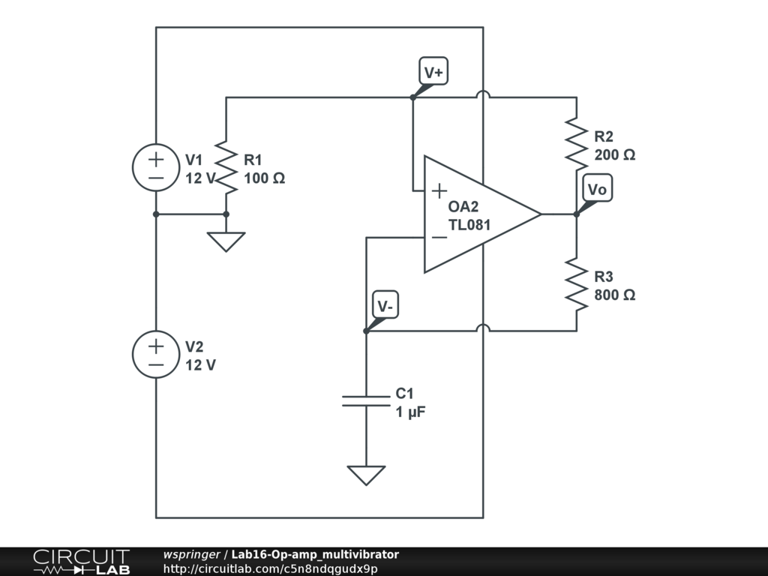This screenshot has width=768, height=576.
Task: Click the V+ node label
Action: pyautogui.click(x=433, y=73)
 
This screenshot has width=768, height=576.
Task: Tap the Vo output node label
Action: pyautogui.click(x=597, y=190)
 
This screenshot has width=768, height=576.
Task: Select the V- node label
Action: pyautogui.click(x=386, y=306)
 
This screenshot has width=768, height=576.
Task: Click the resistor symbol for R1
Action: pyautogui.click(x=226, y=166)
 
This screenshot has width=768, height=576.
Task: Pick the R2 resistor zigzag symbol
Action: pyautogui.click(x=577, y=143)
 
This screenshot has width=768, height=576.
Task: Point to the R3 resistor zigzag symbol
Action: pyautogui.click(x=577, y=283)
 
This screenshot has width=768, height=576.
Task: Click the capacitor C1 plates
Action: pyautogui.click(x=366, y=400)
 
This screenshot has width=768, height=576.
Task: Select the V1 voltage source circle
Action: pyautogui.click(x=156, y=167)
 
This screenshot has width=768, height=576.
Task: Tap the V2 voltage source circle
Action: pyautogui.click(x=156, y=354)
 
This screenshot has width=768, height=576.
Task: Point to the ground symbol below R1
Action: pyautogui.click(x=226, y=241)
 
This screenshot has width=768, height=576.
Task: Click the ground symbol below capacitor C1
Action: pyautogui.click(x=366, y=475)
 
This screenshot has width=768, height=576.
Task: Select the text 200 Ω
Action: pyautogui.click(x=615, y=155)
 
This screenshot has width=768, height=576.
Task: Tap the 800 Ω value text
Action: pyautogui.click(x=615, y=295)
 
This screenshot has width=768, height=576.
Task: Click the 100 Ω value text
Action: pyautogui.click(x=264, y=178)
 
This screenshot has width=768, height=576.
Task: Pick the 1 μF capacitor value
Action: pyautogui.click(x=412, y=412)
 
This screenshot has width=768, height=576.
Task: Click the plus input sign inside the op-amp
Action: pyautogui.click(x=439, y=190)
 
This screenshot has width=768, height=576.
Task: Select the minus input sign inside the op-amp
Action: pyautogui.click(x=439, y=238)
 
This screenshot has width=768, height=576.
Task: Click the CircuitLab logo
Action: pyautogui.click(x=81, y=562)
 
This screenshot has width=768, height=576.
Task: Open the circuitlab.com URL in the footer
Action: pyautogui.click(x=270, y=568)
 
